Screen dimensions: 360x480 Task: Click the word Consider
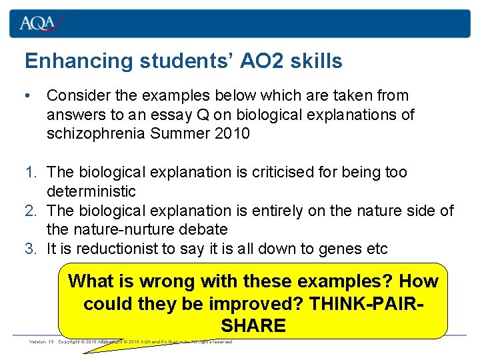click(77, 96)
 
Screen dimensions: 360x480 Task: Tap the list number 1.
click(31, 173)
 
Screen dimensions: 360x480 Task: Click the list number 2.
click(31, 211)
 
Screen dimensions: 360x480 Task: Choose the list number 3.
click(31, 249)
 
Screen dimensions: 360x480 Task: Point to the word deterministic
click(91, 191)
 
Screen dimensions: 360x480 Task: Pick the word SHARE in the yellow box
click(253, 325)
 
